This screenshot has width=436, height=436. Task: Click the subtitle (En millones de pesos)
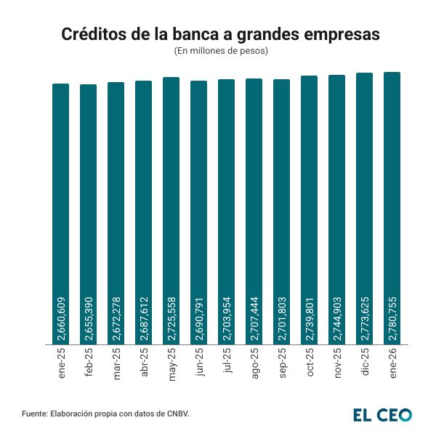pos(221,51)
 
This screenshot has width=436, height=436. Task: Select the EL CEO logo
pos(382,414)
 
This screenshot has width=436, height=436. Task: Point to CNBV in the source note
pos(175,414)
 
